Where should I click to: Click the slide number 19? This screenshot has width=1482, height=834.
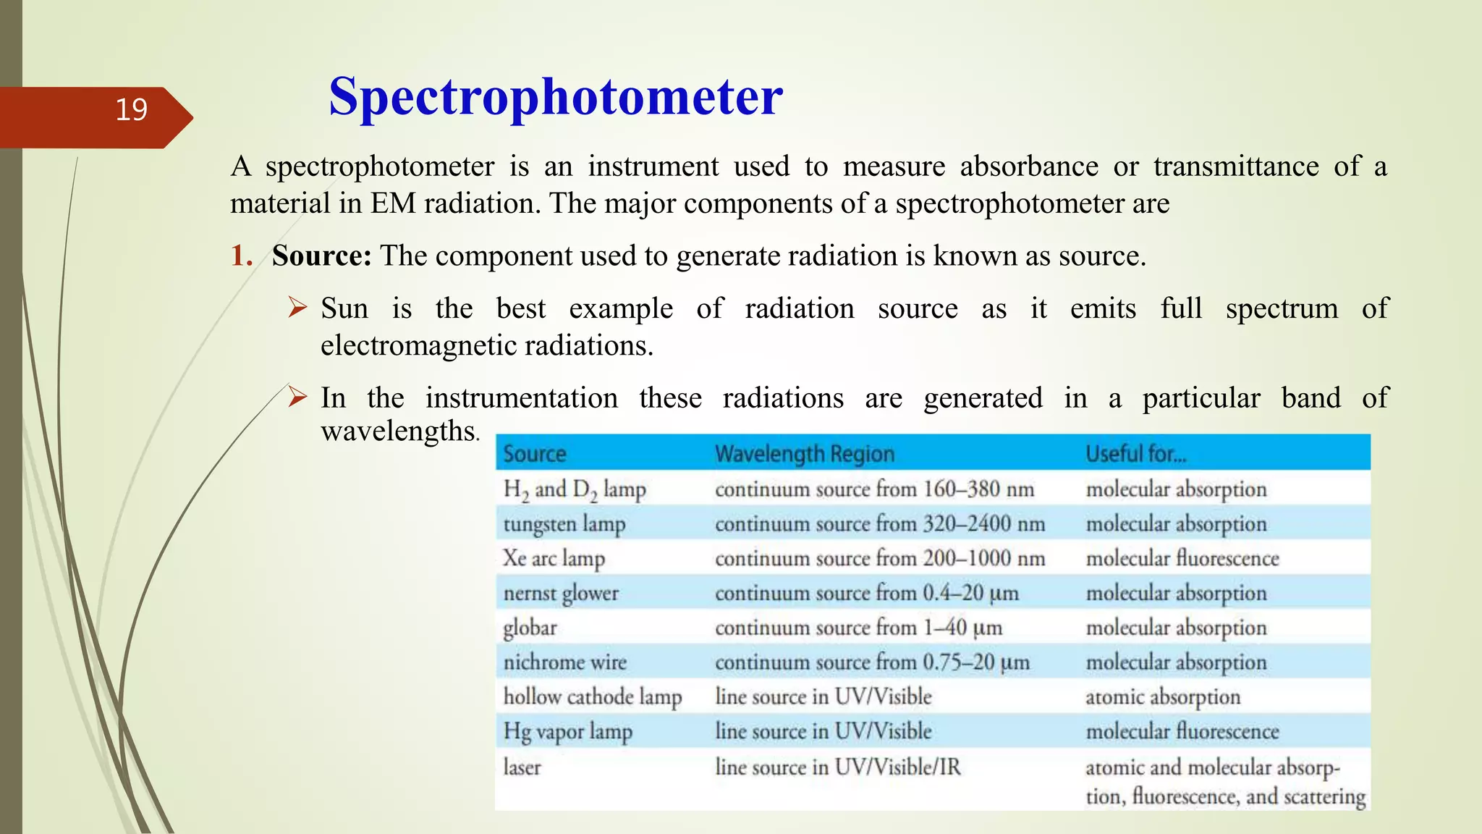131,110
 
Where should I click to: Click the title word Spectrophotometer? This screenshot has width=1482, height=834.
555,96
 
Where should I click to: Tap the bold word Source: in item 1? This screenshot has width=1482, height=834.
321,256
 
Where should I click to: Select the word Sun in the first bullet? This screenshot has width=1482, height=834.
344,308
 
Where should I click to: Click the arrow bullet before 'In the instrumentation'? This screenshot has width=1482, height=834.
297,397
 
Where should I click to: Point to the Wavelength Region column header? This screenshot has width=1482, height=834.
804,454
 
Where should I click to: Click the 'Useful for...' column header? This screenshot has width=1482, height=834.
1135,454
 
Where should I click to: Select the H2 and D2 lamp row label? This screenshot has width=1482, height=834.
574,490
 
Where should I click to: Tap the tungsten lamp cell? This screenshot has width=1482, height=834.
564,524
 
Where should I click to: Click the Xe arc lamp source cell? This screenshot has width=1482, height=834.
554,558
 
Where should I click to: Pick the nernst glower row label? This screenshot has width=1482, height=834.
561,593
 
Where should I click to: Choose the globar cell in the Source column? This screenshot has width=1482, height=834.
530,628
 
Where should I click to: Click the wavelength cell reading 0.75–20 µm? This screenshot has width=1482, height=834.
872,662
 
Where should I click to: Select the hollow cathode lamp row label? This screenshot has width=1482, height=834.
592,696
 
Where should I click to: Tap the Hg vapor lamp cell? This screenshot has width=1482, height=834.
567,731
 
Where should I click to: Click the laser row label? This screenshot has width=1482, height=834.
522,767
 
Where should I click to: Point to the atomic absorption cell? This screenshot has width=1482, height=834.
1162,696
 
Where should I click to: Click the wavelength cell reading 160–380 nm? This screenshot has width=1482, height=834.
874,489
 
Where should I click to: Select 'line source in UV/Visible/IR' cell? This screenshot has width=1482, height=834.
837,767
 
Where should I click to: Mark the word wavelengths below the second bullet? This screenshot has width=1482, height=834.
398,431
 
